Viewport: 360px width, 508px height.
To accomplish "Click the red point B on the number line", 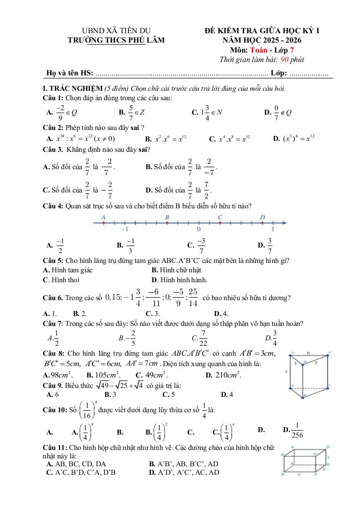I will pyautogui.click(x=167, y=223).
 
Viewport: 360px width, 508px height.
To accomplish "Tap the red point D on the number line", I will pyautogui.click(x=262, y=223).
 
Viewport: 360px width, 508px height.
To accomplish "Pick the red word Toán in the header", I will pyautogui.click(x=259, y=50).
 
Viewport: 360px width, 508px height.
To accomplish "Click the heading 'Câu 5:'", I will pyautogui.click(x=53, y=260).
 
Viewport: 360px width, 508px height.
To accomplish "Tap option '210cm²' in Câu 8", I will pyautogui.click(x=228, y=375).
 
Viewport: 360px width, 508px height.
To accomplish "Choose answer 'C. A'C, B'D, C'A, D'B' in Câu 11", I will pyautogui.click(x=81, y=472).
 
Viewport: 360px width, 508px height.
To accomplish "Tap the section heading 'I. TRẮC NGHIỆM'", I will pyautogui.click(x=72, y=88).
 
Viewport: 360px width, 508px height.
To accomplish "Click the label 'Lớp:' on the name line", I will pyautogui.click(x=279, y=73).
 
